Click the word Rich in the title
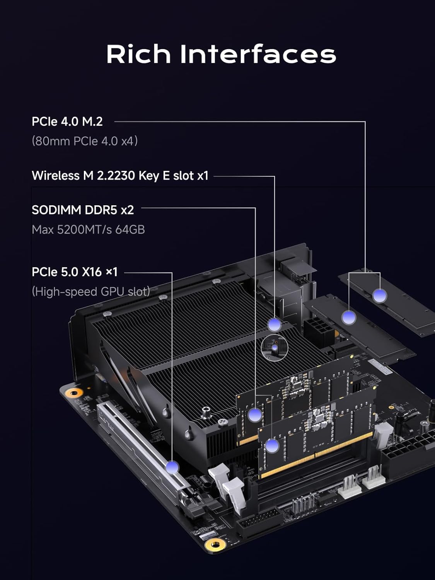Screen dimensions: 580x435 tap(138, 54)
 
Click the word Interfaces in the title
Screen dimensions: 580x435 tap(258, 54)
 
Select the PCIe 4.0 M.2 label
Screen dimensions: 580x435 tap(67, 121)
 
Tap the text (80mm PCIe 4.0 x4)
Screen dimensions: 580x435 tap(85, 141)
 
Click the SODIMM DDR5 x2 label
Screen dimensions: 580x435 tap(83, 210)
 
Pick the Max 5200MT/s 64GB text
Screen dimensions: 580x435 tap(88, 230)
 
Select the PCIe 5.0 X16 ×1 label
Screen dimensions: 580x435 tap(75, 272)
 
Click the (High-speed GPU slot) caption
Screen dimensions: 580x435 tap(91, 291)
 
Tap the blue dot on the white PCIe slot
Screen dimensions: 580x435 tap(172, 467)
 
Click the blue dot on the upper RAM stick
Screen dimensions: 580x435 tap(254, 415)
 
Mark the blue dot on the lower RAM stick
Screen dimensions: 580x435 tap(272, 446)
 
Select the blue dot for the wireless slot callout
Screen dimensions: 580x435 tap(275, 324)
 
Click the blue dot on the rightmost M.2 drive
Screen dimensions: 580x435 tap(379, 296)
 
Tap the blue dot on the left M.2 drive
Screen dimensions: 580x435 tap(348, 317)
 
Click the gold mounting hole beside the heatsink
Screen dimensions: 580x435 tap(73, 393)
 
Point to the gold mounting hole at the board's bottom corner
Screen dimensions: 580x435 tap(215, 545)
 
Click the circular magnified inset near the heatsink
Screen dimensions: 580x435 tap(275, 348)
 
